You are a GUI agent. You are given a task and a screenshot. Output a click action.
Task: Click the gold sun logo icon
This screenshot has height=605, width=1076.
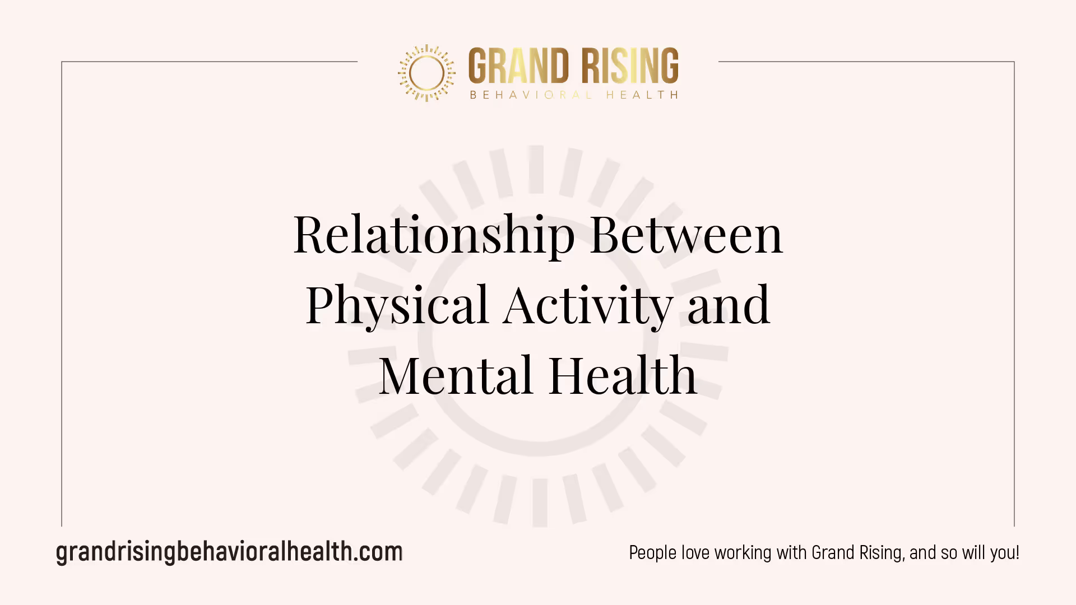pos(426,73)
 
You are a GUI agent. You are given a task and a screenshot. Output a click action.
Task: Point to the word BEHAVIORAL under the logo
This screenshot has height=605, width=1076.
pos(531,95)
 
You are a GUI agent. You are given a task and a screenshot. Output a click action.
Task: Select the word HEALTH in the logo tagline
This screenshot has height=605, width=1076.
pos(642,95)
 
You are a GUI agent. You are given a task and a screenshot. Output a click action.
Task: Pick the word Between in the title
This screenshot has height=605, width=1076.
pos(687,234)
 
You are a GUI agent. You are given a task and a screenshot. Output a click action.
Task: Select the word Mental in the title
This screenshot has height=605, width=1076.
pos(456,375)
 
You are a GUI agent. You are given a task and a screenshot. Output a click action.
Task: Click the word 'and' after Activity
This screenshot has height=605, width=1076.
pos(729,304)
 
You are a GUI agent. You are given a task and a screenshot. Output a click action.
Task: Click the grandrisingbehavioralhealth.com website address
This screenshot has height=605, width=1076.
pos(229,552)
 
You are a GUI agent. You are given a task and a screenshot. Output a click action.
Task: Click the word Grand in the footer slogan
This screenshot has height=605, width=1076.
pos(833,553)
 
